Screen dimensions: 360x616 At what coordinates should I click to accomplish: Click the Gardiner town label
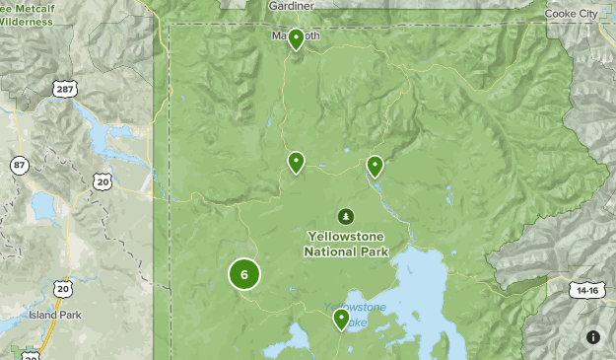click(x=291, y=6)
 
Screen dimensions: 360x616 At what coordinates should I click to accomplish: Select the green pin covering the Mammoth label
click(x=296, y=38)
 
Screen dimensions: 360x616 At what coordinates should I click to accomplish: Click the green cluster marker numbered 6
click(x=244, y=274)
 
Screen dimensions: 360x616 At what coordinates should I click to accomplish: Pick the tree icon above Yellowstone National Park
click(x=345, y=216)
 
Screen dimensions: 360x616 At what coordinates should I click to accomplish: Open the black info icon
click(x=592, y=336)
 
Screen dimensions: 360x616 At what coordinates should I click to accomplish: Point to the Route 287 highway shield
click(x=64, y=90)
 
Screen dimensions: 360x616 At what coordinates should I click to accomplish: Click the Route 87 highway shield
click(x=20, y=165)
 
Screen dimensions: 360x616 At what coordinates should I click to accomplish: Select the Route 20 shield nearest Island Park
click(x=63, y=289)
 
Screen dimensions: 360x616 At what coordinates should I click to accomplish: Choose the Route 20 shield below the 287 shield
click(x=103, y=180)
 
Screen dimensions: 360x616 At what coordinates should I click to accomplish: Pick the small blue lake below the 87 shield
click(x=44, y=205)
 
